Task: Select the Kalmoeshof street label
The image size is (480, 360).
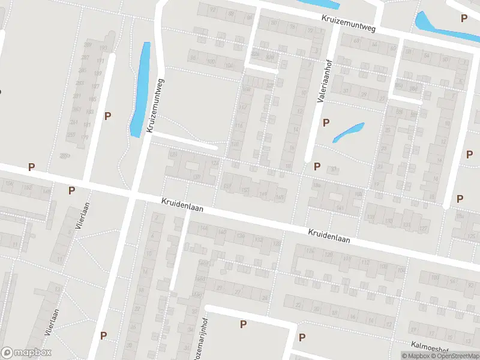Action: (x=430, y=347)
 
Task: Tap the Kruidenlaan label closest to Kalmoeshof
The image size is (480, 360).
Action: (x=329, y=235)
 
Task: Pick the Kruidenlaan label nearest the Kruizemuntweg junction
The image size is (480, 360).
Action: (x=182, y=205)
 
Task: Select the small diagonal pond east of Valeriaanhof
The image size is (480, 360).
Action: (x=348, y=132)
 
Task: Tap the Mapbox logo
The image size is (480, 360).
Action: (x=26, y=353)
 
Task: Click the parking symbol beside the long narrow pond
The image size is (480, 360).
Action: (x=108, y=116)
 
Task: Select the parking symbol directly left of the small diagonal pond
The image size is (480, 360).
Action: (x=326, y=123)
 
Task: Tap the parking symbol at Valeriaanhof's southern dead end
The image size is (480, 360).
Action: (x=317, y=166)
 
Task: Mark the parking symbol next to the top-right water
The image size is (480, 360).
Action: (x=463, y=19)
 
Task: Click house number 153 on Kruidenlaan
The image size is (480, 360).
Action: (x=245, y=191)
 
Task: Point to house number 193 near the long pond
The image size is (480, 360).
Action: (x=103, y=48)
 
